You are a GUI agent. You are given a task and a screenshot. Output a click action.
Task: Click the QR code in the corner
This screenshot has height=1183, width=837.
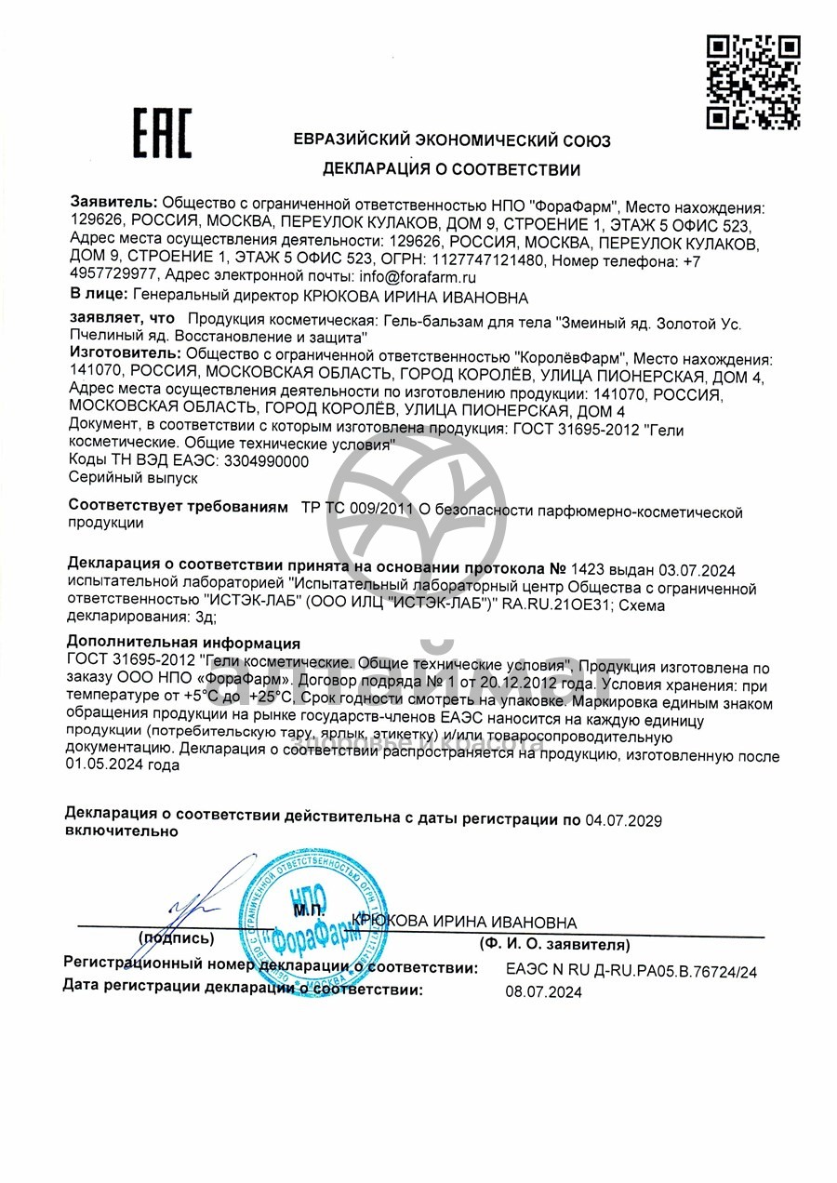(x=752, y=81)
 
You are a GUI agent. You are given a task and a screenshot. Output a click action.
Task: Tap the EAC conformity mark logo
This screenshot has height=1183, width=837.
(x=161, y=132)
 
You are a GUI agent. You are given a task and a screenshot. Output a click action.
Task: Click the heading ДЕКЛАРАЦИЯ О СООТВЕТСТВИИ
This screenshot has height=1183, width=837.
(x=451, y=170)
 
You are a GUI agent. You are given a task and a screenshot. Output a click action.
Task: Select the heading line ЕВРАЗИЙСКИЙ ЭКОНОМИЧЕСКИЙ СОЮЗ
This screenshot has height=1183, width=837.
(x=451, y=141)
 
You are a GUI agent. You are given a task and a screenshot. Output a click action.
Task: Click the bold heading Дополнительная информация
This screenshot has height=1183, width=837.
(x=184, y=644)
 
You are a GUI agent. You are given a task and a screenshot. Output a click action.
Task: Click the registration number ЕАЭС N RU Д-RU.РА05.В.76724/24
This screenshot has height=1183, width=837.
(x=631, y=971)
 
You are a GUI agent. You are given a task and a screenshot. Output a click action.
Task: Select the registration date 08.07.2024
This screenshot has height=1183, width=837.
(x=543, y=992)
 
